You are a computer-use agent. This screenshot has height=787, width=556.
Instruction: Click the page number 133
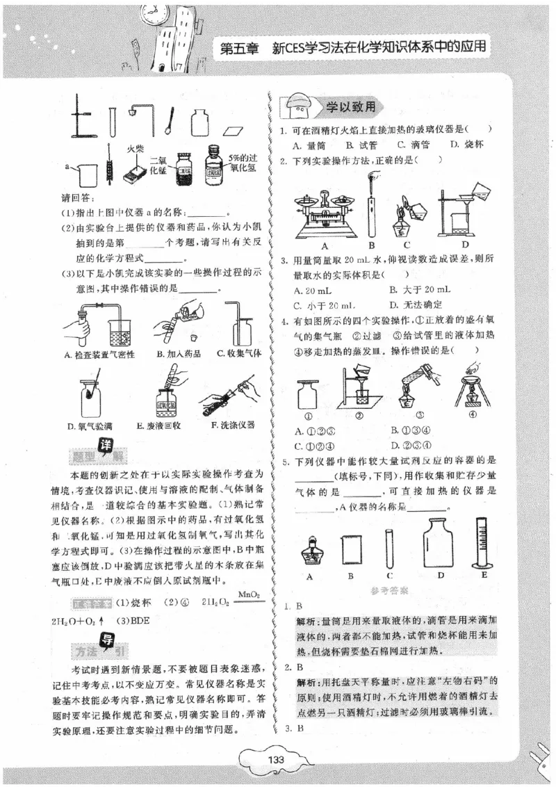(276, 760)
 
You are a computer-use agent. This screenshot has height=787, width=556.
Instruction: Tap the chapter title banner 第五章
(239, 49)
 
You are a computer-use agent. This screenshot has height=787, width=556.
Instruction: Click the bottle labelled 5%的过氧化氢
(213, 167)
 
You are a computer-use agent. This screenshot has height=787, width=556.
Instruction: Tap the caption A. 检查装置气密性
(99, 354)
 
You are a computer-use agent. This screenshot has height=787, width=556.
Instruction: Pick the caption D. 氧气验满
(90, 425)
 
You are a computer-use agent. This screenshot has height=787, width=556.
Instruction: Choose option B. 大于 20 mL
(420, 289)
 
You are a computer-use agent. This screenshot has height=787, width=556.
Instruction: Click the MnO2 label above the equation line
(248, 594)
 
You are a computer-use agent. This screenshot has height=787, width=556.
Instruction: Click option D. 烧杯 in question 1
(466, 145)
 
